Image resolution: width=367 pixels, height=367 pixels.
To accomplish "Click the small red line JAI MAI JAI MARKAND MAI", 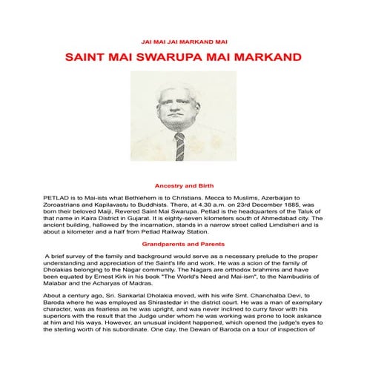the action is point(183,42).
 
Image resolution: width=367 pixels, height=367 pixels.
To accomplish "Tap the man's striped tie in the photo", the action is point(179,145).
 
